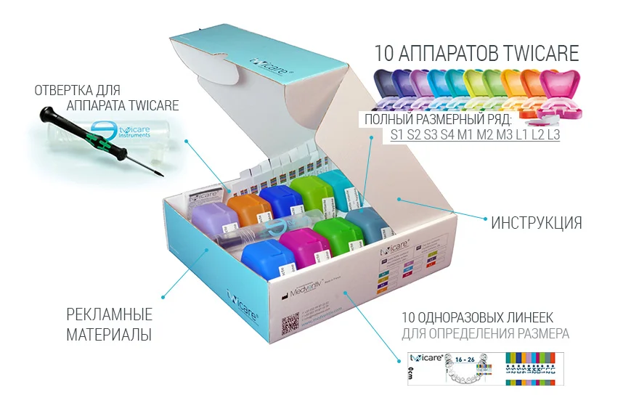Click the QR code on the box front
pyautogui.click(x=290, y=322)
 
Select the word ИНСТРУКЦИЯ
pyautogui.click(x=536, y=223)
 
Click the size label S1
pyautogui.click(x=396, y=134)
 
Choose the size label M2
pyautogui.click(x=486, y=134)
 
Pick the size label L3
pyautogui.click(x=553, y=134)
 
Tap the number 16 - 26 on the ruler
pyautogui.click(x=463, y=358)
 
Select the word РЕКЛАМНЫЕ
pyautogui.click(x=109, y=315)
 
